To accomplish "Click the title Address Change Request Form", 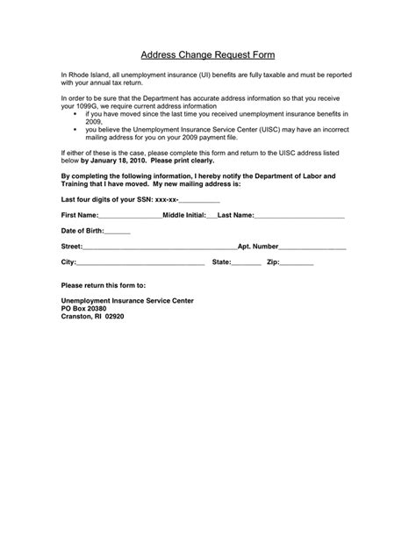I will (x=207, y=54).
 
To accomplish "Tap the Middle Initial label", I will (x=179, y=214).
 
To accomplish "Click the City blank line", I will (x=140, y=263).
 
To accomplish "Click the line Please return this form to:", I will (x=103, y=286).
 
